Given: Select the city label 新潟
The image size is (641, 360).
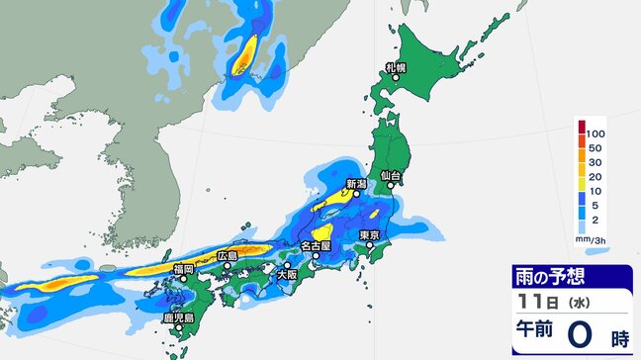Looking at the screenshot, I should [356, 184].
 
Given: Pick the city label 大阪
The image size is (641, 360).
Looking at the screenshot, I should [288, 274].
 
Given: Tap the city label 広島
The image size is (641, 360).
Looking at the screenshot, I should [228, 256].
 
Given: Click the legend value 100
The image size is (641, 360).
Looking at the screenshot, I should [595, 133].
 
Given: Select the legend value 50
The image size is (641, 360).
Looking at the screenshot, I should [594, 147].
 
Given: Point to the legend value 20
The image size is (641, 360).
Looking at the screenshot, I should [594, 177].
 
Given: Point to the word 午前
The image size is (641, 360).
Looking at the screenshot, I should [534, 336].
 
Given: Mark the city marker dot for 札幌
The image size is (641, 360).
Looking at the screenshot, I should [396, 77].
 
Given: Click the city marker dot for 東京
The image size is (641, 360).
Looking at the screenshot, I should [365, 244].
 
